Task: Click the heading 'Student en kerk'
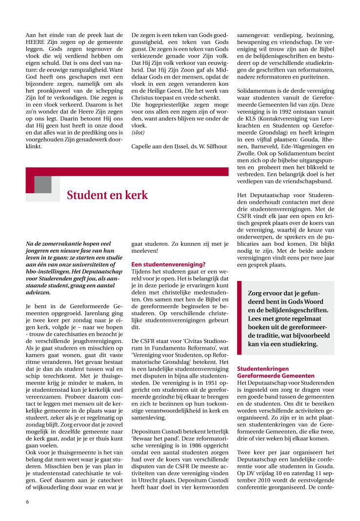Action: pyautogui.click(x=107, y=195)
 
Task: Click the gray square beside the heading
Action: pyautogui.click(x=43, y=184)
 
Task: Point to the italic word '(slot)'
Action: pyautogui.click(x=139, y=132)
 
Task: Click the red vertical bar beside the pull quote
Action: pyautogui.click(x=239, y=318)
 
